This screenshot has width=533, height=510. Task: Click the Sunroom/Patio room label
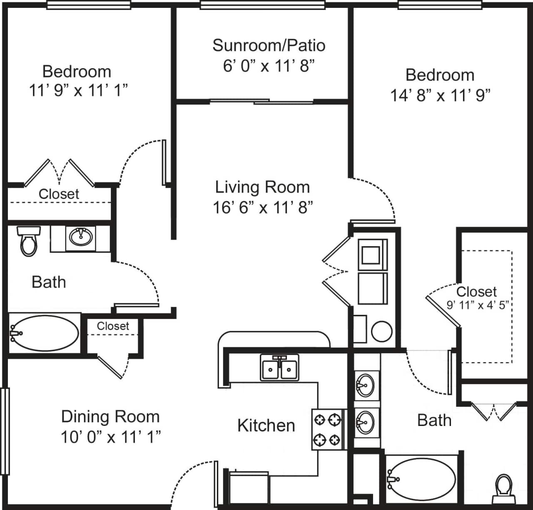pos(269,45)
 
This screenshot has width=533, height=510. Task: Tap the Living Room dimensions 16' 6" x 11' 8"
pos(263,207)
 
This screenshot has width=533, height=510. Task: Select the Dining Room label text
pos(110,416)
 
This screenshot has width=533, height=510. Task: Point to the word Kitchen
pos(266,426)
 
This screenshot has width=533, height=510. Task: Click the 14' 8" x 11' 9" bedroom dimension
pos(440,95)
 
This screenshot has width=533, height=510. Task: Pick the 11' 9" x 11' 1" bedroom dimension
pos(78,90)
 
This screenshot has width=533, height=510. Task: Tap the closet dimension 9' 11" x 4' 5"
pos(478,305)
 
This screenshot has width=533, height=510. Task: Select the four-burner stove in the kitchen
pos(327,429)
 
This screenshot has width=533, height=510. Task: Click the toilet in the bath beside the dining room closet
pos(29,241)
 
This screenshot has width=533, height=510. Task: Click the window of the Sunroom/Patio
pos(262,5)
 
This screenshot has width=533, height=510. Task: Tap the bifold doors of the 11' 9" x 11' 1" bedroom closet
pos(59,173)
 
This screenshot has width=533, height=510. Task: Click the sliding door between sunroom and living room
pos(262,101)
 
